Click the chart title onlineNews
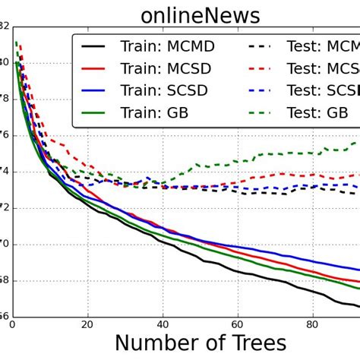[x=200, y=15]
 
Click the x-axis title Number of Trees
[x=201, y=343]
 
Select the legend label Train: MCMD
[x=167, y=47]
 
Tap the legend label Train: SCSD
[x=166, y=92]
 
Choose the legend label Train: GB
[x=154, y=115]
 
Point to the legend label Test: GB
[x=319, y=115]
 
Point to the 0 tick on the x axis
[x=12, y=324]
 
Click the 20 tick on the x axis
[x=88, y=324]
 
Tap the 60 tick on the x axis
[x=238, y=324]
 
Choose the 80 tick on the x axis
[x=312, y=324]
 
